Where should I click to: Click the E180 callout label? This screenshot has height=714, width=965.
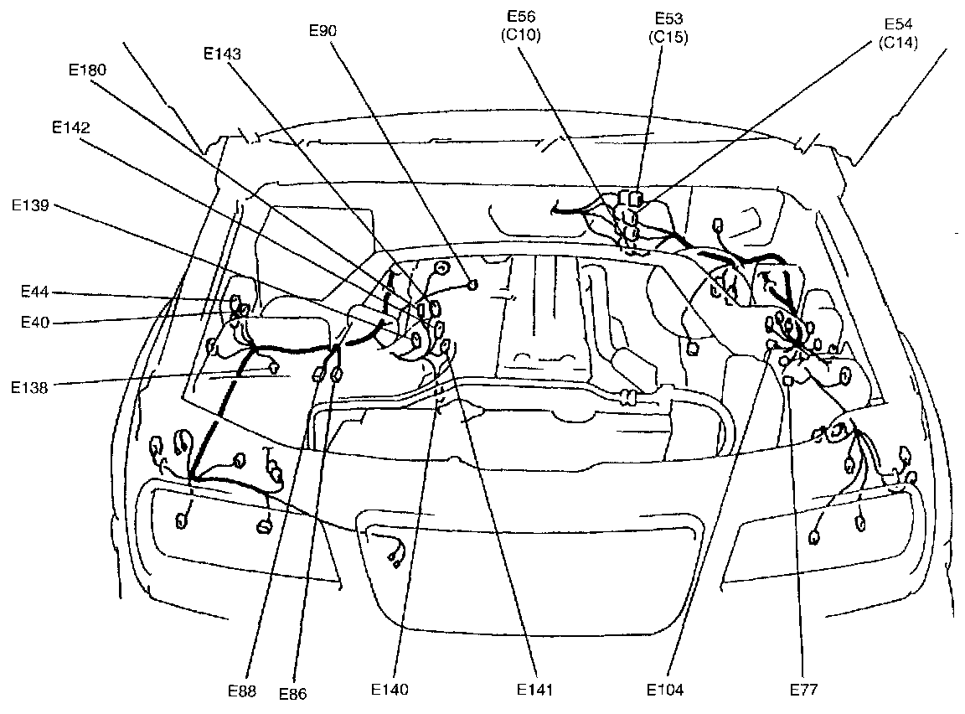pyautogui.click(x=87, y=70)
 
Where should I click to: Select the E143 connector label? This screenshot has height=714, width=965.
pyautogui.click(x=222, y=53)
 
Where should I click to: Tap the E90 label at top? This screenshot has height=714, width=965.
pyautogui.click(x=323, y=31)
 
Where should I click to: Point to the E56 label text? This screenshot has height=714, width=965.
pyautogui.click(x=524, y=16)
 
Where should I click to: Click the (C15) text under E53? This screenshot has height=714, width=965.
pyautogui.click(x=668, y=38)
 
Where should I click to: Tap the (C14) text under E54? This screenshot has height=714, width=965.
pyautogui.click(x=899, y=44)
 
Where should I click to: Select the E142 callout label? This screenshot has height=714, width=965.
pyautogui.click(x=70, y=127)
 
